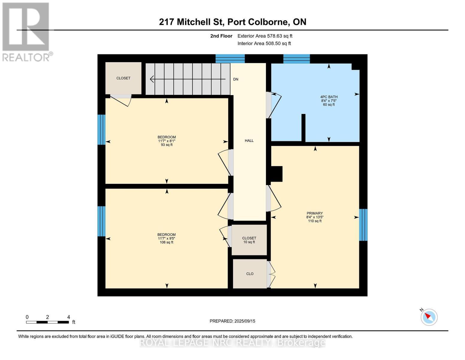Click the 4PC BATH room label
pos(329,100)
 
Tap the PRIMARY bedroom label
pos(315,217)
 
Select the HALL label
pos(249,140)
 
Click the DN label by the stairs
pos(236,79)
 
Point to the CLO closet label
pos(250,274)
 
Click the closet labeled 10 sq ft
pos(249,240)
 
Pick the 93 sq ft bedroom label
pos(167,141)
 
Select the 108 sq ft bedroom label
pos(166,238)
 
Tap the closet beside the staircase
pos(123,78)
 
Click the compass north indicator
pos(429,317)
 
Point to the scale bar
pos(47,322)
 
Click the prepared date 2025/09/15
pos(232,321)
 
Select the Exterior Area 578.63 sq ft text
pos(265,36)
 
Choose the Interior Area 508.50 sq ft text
pos(264,43)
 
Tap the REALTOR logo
pos(26,31)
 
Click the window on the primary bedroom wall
pos(363,225)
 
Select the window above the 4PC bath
pos(296,59)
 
